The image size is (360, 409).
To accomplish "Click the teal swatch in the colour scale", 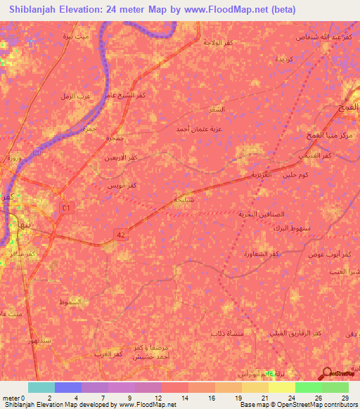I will pos(41,387).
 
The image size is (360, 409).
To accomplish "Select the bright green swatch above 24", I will pos(308,387).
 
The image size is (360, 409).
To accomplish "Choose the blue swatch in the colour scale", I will pos(68,387).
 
